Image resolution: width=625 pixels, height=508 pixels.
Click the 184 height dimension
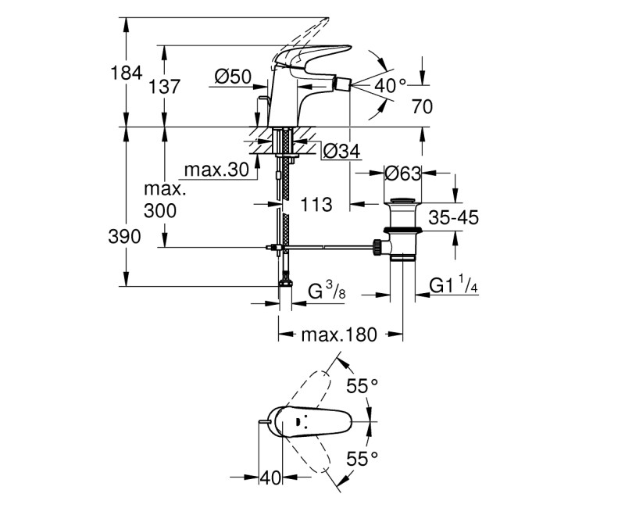click(x=125, y=73)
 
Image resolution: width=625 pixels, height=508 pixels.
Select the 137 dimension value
click(x=165, y=87)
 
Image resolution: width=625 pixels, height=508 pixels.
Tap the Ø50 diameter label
click(x=232, y=76)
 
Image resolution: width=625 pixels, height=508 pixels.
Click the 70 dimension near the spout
click(x=422, y=107)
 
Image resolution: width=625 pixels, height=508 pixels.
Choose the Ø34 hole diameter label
click(x=341, y=152)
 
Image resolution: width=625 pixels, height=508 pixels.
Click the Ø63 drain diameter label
click(x=404, y=174)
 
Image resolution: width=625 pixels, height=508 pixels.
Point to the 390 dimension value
click(x=125, y=237)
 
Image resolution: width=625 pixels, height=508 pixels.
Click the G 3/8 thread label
click(x=327, y=293)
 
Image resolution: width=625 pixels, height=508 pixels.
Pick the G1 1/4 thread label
click(x=454, y=287)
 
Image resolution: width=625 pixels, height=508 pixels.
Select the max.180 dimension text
click(x=339, y=334)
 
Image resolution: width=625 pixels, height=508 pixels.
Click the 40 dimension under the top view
click(x=270, y=477)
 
